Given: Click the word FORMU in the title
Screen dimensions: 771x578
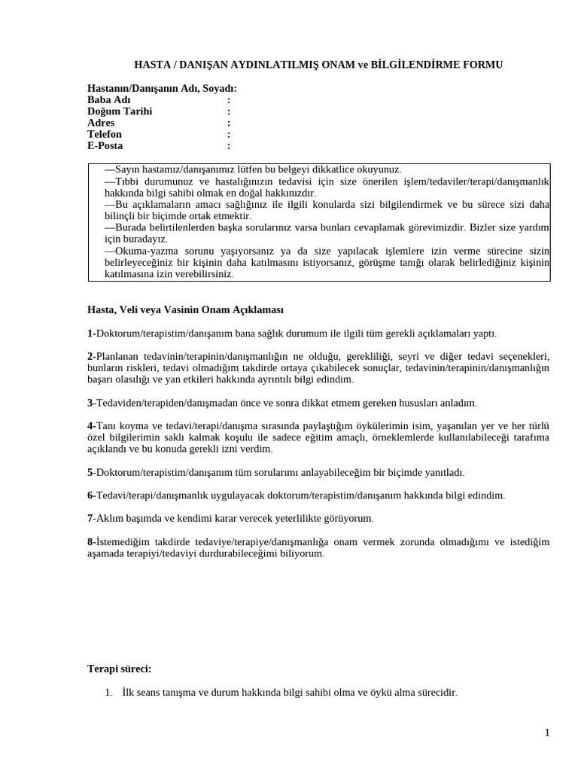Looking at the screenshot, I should pyautogui.click(x=479, y=66).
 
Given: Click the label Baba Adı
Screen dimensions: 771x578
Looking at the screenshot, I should pyautogui.click(x=108, y=100).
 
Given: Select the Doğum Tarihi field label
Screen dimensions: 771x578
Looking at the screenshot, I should pyautogui.click(x=119, y=111).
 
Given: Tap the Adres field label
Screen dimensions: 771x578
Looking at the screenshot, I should pyautogui.click(x=101, y=123).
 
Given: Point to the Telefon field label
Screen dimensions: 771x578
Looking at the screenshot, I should pyautogui.click(x=104, y=134).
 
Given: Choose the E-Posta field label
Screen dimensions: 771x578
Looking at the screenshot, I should pyautogui.click(x=105, y=145).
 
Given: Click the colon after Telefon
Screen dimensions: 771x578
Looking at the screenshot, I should pyautogui.click(x=229, y=134).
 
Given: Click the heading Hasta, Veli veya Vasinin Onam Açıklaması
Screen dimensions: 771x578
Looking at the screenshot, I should pyautogui.click(x=185, y=309).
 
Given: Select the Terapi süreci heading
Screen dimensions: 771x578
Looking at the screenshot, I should pyautogui.click(x=119, y=669).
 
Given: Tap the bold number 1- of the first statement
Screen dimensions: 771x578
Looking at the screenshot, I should pyautogui.click(x=91, y=333).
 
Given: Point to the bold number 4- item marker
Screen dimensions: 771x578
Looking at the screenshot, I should pyautogui.click(x=91, y=426).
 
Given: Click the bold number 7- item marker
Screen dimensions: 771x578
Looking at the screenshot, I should pyautogui.click(x=91, y=519).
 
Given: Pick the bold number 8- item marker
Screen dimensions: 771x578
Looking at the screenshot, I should pyautogui.click(x=91, y=542).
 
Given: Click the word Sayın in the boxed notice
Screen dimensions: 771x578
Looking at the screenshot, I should pyautogui.click(x=127, y=170).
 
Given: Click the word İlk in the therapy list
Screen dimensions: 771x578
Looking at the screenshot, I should pyautogui.click(x=128, y=693).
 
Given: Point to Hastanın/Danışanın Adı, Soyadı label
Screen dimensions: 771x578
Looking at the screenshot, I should pyautogui.click(x=162, y=89).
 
